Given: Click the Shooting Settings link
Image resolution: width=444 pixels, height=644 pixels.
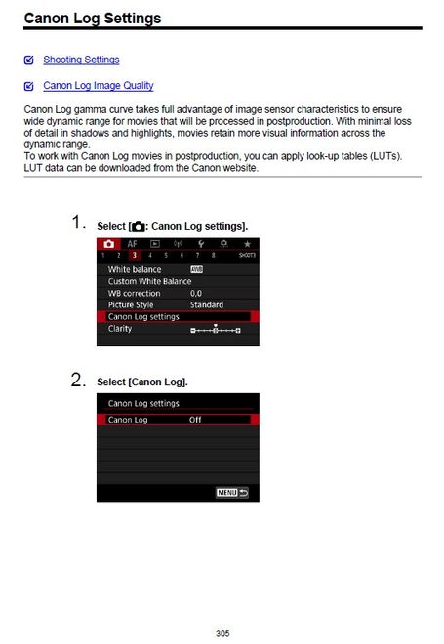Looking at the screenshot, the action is [x=81, y=60].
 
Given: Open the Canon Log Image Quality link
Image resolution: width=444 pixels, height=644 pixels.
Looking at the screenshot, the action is [x=98, y=86].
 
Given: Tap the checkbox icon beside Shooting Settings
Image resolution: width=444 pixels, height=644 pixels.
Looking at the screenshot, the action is [x=29, y=60].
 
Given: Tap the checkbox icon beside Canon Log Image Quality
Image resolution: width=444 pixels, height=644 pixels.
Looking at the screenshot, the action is [x=29, y=86].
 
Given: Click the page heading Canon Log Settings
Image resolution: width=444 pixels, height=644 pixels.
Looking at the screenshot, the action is [x=93, y=18].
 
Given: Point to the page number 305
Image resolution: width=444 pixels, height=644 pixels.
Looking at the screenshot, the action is [x=222, y=633].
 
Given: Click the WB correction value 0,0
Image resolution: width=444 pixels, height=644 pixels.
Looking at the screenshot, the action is [x=196, y=293].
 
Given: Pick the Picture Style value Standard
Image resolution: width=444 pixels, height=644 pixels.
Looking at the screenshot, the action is [x=206, y=304].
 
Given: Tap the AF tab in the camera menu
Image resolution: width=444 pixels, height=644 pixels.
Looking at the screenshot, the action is [x=132, y=242].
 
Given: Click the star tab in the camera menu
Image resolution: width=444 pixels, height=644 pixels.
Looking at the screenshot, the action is [x=247, y=242].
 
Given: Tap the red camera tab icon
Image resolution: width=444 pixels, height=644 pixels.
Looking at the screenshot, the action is [x=109, y=242].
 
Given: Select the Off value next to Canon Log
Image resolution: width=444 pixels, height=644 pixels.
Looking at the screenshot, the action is [x=195, y=420].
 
